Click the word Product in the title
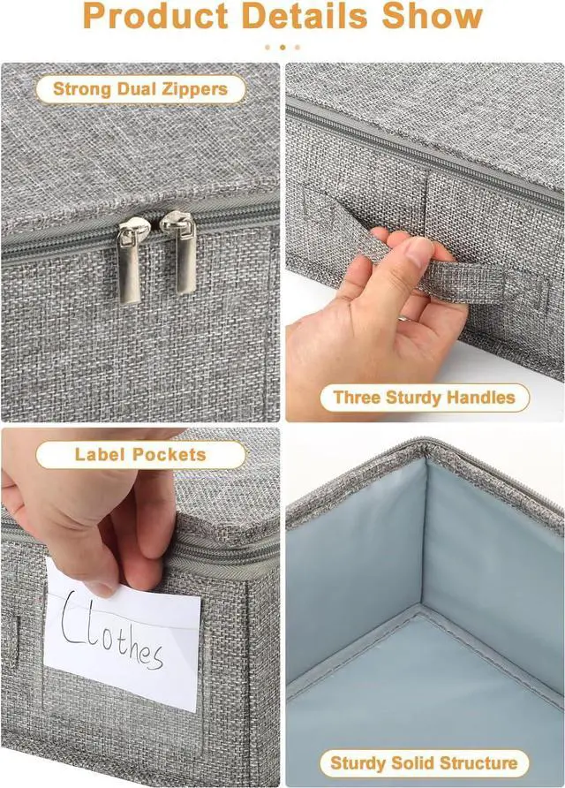coord(156,16)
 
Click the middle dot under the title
coord(282,47)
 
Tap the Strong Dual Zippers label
coord(140,89)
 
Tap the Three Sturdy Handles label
coord(425,398)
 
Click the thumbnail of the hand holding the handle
coord(425,242)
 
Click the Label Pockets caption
coord(140,455)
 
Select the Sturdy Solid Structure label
coord(424,763)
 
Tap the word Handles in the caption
coord(480,398)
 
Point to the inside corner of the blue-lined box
coord(422,606)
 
